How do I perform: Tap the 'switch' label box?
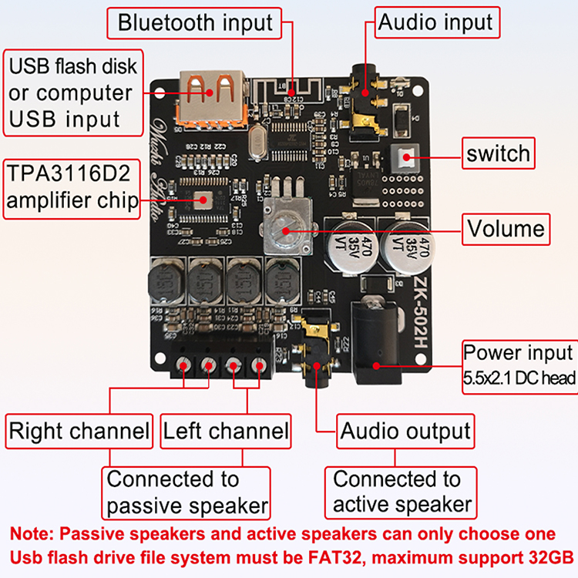[498, 153]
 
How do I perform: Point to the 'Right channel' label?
[79, 431]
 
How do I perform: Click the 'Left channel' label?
[226, 431]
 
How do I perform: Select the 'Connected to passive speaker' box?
[187, 492]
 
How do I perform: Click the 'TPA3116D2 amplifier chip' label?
[72, 187]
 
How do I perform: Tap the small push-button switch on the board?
[405, 159]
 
